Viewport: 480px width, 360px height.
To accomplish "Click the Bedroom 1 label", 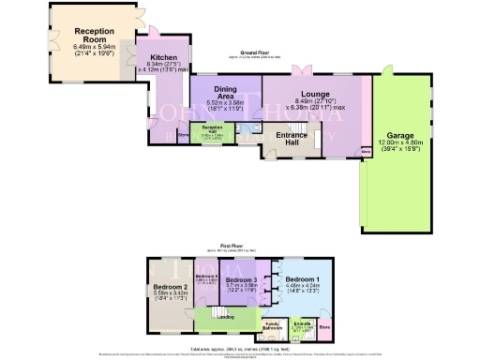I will click(x=304, y=280).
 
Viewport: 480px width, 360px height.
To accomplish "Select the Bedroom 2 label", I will click(x=174, y=286).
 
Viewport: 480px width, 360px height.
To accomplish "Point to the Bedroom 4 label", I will click(x=206, y=277).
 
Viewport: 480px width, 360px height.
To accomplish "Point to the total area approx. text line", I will click(x=241, y=346).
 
